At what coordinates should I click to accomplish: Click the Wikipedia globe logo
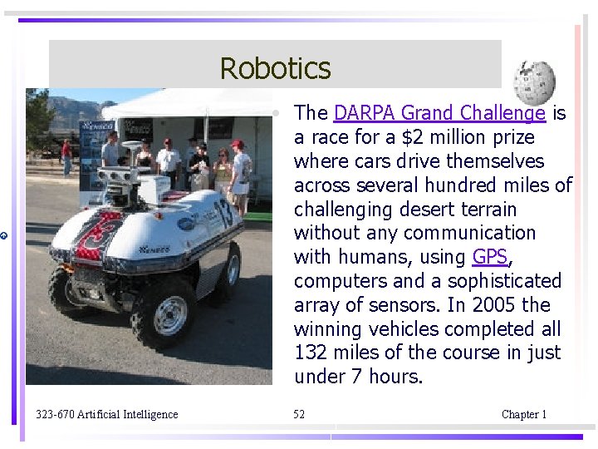(533, 81)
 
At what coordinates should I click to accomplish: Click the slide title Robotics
(275, 67)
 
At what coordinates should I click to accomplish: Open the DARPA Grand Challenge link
(439, 113)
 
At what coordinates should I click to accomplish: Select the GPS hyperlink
(489, 257)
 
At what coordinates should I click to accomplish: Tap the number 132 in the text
(311, 353)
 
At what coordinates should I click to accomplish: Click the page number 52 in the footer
(299, 414)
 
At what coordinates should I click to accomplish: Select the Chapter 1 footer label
(524, 414)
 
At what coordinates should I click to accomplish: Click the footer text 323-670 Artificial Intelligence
(106, 414)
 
